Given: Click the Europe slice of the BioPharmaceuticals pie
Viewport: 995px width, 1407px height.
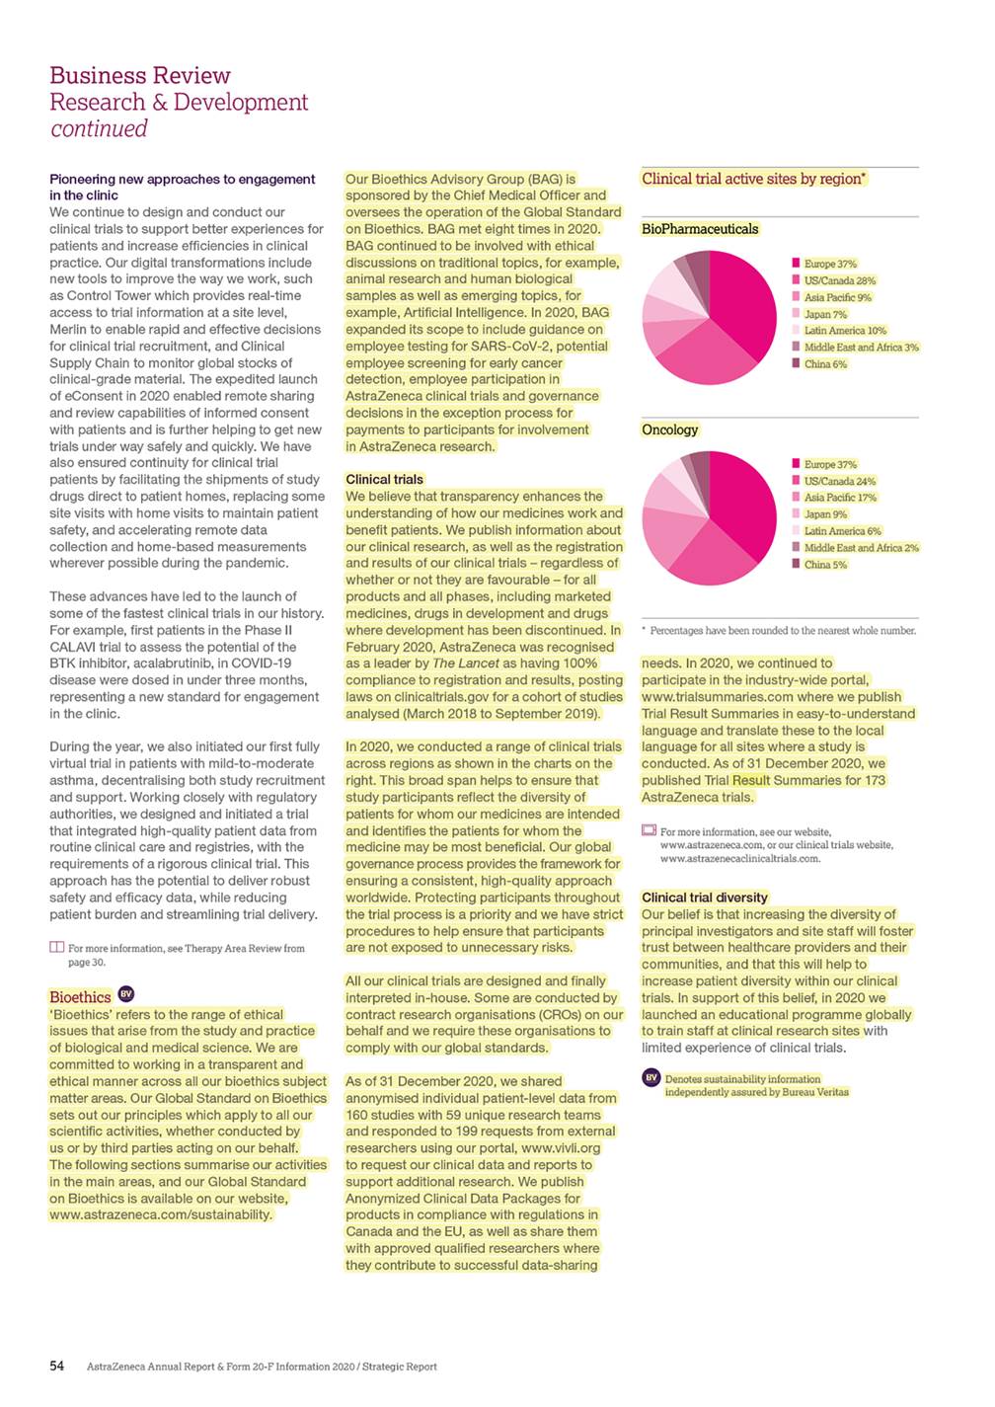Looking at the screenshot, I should point(745,301).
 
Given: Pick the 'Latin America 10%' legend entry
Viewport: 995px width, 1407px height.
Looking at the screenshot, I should point(845,331).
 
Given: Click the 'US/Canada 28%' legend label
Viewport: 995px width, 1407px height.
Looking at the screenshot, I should point(839,280).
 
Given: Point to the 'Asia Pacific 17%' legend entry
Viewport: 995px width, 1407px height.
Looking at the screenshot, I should point(840,498).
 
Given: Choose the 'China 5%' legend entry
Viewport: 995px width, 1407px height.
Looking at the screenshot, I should point(825,565).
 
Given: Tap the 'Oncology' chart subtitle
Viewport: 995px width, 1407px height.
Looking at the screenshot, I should point(670,430).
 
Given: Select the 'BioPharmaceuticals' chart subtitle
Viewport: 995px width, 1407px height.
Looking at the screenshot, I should point(700,229).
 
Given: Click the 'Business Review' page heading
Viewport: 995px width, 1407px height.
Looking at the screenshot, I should point(140,76).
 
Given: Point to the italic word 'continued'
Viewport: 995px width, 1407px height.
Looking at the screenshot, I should point(99,129).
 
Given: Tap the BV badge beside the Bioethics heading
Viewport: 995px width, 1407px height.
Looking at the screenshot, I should point(126,994).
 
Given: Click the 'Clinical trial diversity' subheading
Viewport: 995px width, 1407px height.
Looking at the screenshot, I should point(705,898).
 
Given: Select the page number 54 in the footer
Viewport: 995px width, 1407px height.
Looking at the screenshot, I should point(57,1366).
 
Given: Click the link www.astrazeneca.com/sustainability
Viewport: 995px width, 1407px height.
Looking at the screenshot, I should point(160,1214).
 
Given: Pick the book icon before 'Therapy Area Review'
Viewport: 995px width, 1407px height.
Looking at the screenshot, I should point(56,948).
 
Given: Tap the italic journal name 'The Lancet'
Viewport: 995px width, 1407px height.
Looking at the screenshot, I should point(466,664).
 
